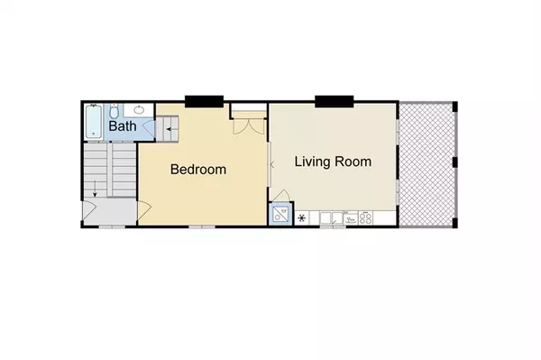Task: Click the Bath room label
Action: pyautogui.click(x=123, y=127)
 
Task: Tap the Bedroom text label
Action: pyautogui.click(x=198, y=169)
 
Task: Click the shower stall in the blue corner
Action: pyautogui.click(x=279, y=217)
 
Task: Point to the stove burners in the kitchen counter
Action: pyautogui.click(x=366, y=217)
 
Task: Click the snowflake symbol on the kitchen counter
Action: pyautogui.click(x=301, y=217)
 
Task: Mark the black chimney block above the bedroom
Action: pyautogui.click(x=203, y=100)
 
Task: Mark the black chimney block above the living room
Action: pyautogui.click(x=331, y=100)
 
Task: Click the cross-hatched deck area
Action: pyautogui.click(x=428, y=163)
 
